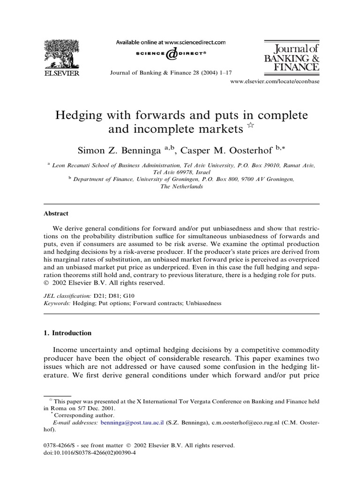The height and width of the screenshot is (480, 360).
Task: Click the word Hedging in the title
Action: pos(83,115)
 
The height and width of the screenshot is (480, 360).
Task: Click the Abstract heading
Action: pos(56,213)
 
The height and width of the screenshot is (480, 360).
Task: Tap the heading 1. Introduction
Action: pos(67,333)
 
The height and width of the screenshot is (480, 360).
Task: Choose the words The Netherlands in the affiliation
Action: pos(181,186)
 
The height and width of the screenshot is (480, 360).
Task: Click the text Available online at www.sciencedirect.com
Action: pos(171,42)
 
